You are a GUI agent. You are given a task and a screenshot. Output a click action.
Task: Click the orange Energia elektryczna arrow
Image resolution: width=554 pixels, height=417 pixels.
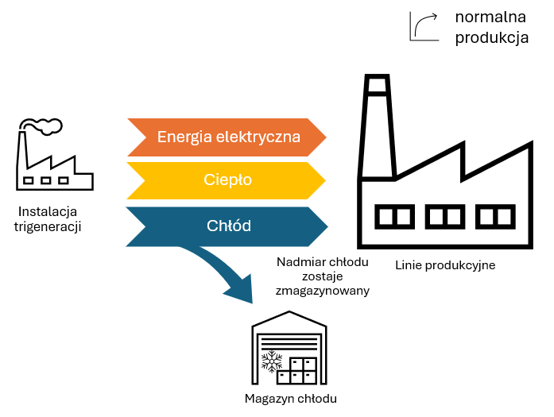tap(227, 137)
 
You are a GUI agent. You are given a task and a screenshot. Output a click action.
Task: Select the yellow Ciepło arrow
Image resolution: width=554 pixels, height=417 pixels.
tap(227, 180)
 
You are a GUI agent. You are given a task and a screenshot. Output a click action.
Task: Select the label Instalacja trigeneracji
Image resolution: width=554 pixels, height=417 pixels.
tap(48, 219)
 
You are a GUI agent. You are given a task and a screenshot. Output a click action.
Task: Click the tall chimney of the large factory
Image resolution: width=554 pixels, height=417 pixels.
tap(377, 127)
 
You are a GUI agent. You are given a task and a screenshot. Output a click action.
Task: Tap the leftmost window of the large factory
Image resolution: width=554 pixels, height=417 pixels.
tap(393, 215)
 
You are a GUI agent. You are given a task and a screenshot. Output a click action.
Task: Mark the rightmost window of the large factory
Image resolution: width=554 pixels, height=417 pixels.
tap(496, 215)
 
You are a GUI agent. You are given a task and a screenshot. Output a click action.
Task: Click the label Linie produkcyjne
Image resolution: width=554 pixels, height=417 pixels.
tap(445, 265)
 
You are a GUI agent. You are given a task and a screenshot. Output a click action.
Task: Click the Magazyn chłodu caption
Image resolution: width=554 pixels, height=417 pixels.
tap(290, 399)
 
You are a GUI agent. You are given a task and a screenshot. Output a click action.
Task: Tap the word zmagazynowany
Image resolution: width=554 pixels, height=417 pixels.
tap(323, 291)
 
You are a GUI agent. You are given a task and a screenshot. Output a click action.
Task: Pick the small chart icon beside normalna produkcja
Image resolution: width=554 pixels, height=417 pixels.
tap(424, 25)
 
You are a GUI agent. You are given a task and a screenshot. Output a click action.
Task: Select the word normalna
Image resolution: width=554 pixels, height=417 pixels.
tap(490, 17)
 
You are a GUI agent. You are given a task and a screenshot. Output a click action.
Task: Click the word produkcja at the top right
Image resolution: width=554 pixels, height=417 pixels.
tap(491, 38)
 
